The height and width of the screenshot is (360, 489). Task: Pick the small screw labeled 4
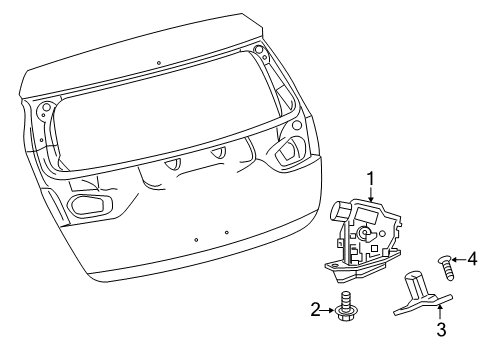tap(448, 265)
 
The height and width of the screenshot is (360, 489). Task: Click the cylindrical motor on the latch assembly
tap(340, 213)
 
